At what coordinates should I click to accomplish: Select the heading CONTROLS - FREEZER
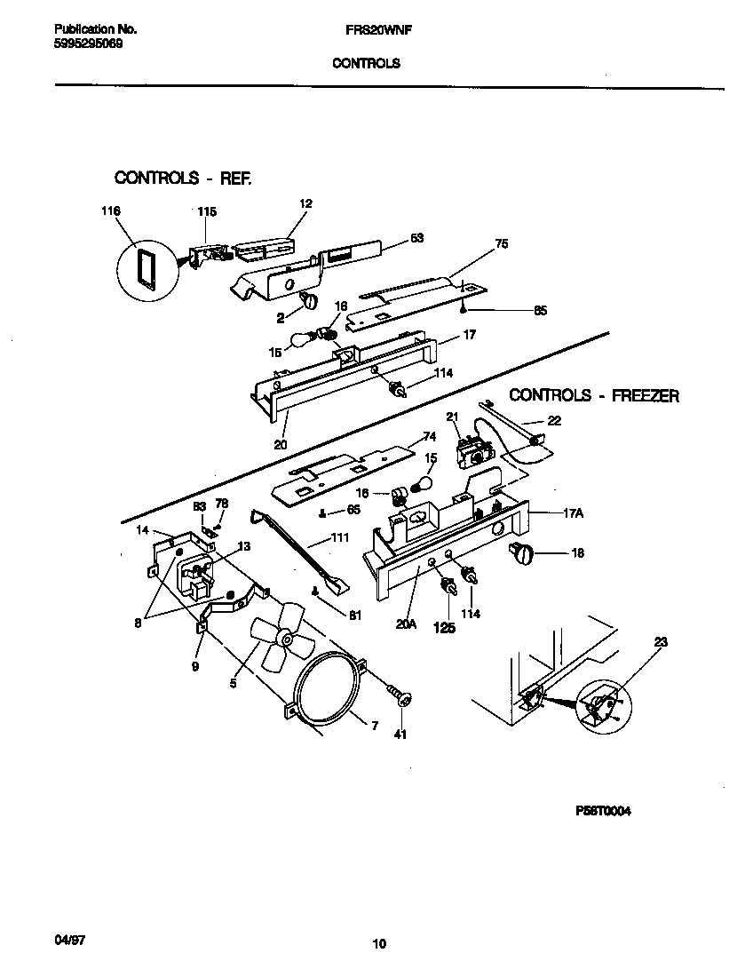click(x=594, y=396)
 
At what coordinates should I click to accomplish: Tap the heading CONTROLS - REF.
click(x=184, y=179)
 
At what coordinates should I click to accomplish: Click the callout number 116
click(x=111, y=211)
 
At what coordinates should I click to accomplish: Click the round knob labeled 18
click(x=521, y=556)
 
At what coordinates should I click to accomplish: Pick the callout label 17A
click(x=573, y=512)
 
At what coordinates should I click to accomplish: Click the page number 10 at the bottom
click(x=379, y=944)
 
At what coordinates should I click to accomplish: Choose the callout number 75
click(x=502, y=244)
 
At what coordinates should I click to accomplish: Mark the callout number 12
click(x=305, y=203)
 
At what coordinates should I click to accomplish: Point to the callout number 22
click(x=553, y=421)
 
